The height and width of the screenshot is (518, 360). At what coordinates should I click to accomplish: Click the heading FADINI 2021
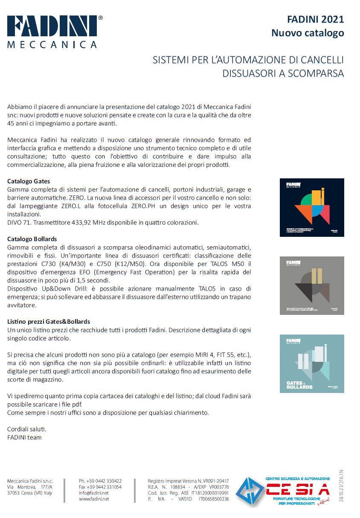[315, 20]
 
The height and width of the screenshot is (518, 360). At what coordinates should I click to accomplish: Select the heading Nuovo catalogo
[308, 33]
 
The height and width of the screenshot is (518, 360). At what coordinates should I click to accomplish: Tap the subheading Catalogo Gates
[29, 181]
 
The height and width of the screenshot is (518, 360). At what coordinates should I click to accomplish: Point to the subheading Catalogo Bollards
[32, 239]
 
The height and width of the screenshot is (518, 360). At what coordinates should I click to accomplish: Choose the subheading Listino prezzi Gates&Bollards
[49, 321]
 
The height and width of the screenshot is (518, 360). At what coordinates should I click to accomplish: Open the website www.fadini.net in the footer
[94, 499]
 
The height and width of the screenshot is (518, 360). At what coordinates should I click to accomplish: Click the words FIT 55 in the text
[227, 355]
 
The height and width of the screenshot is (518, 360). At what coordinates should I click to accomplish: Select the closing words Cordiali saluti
[27, 429]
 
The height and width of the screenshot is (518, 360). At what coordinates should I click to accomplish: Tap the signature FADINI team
[24, 437]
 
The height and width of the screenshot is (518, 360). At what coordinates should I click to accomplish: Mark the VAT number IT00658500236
[214, 499]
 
